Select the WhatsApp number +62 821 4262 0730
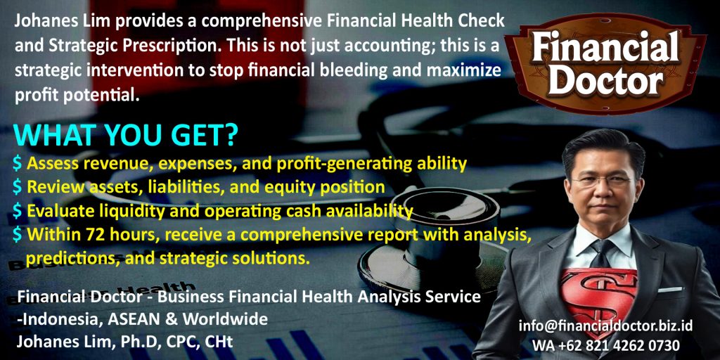click(x=606, y=345)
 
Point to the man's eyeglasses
click(x=600, y=182)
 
